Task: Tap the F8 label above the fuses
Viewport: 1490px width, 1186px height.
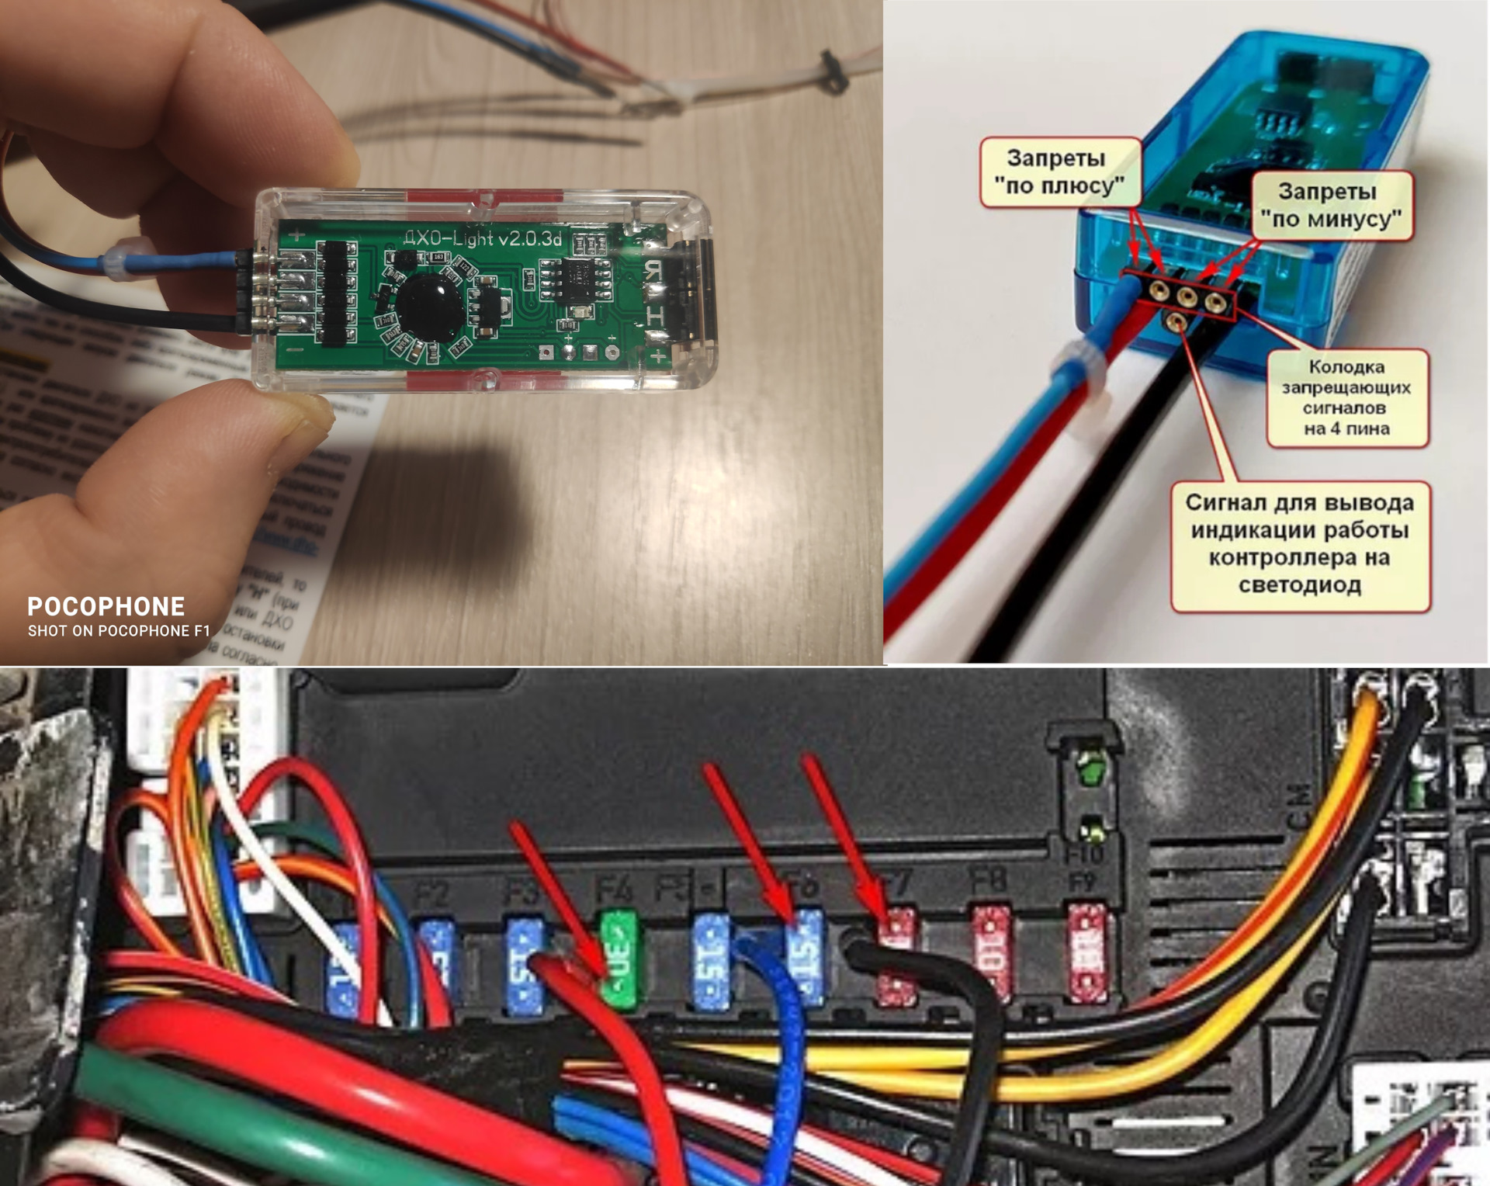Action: coord(989,881)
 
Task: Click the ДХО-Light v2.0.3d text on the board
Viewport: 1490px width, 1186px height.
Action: coord(483,238)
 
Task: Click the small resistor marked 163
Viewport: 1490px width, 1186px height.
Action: coord(438,256)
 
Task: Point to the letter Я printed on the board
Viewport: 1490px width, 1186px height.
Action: coord(654,270)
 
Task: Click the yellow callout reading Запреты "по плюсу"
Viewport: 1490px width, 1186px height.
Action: coord(1059,172)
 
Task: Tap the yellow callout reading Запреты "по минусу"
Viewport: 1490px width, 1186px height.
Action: coord(1332,206)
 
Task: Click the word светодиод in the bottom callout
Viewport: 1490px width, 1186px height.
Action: coord(1299,584)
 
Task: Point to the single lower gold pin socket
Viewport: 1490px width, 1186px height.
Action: coord(1178,319)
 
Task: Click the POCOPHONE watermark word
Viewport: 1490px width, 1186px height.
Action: coord(106,606)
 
